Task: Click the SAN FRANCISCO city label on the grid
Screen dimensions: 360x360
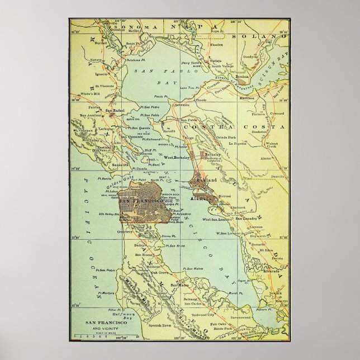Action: click(135, 200)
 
